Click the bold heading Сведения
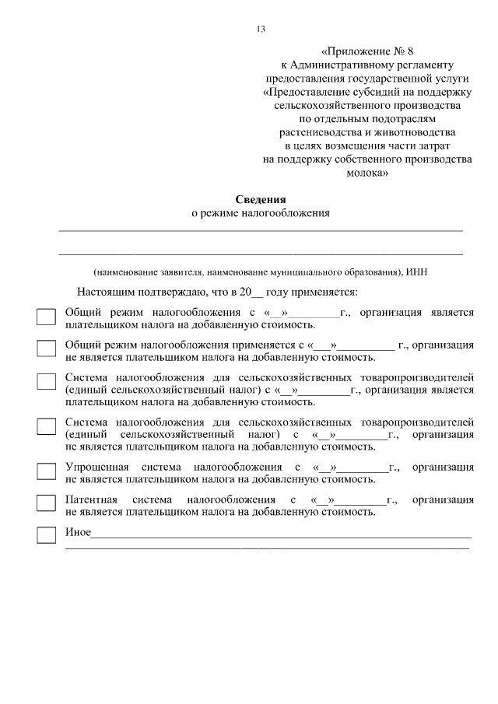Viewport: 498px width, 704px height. click(261, 199)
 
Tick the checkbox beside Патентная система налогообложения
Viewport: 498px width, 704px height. click(47, 503)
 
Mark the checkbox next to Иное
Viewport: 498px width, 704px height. click(47, 535)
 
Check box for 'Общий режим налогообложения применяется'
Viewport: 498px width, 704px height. click(47, 348)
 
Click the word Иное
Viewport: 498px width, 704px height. click(78, 533)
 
